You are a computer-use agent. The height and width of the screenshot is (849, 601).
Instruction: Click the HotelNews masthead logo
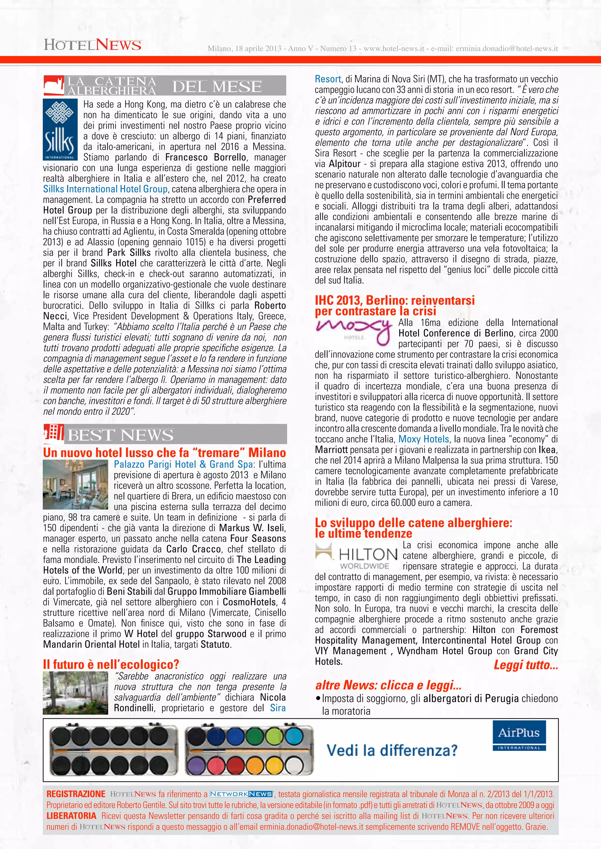[92, 45]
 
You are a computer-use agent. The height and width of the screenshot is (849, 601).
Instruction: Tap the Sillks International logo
[60, 129]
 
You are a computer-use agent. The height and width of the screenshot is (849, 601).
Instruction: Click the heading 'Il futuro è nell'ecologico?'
[111, 665]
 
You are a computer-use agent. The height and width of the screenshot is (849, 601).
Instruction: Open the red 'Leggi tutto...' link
[526, 665]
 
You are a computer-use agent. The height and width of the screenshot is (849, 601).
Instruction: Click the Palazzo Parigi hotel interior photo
[75, 484]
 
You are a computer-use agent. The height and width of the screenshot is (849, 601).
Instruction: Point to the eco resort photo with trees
[75, 692]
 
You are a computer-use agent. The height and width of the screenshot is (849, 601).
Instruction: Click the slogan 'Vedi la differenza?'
[392, 750]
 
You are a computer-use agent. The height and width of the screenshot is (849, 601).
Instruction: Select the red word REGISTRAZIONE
[76, 794]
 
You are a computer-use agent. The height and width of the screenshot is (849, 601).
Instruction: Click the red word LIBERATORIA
[71, 816]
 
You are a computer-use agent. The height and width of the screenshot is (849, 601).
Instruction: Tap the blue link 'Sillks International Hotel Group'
[105, 189]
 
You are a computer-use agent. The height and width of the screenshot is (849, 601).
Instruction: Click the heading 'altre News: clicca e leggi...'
[388, 685]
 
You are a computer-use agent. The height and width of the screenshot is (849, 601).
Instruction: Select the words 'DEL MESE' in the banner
[217, 86]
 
